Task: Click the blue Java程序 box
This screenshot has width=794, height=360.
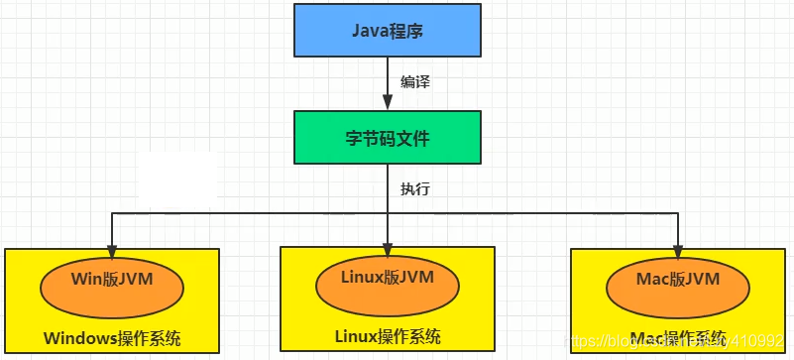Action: pyautogui.click(x=387, y=30)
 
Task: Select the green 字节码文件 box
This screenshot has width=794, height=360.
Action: pyautogui.click(x=387, y=137)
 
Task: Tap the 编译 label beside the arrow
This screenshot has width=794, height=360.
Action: pyautogui.click(x=414, y=82)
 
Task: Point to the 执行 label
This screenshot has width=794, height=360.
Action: pyautogui.click(x=414, y=187)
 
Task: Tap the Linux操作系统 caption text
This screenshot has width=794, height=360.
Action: pyautogui.click(x=387, y=337)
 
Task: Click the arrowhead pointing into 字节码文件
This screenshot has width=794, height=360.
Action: pyautogui.click(x=387, y=102)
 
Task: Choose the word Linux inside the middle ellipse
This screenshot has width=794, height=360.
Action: pyautogui.click(x=362, y=277)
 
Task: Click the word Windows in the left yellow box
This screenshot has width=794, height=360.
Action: pyautogui.click(x=80, y=338)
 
